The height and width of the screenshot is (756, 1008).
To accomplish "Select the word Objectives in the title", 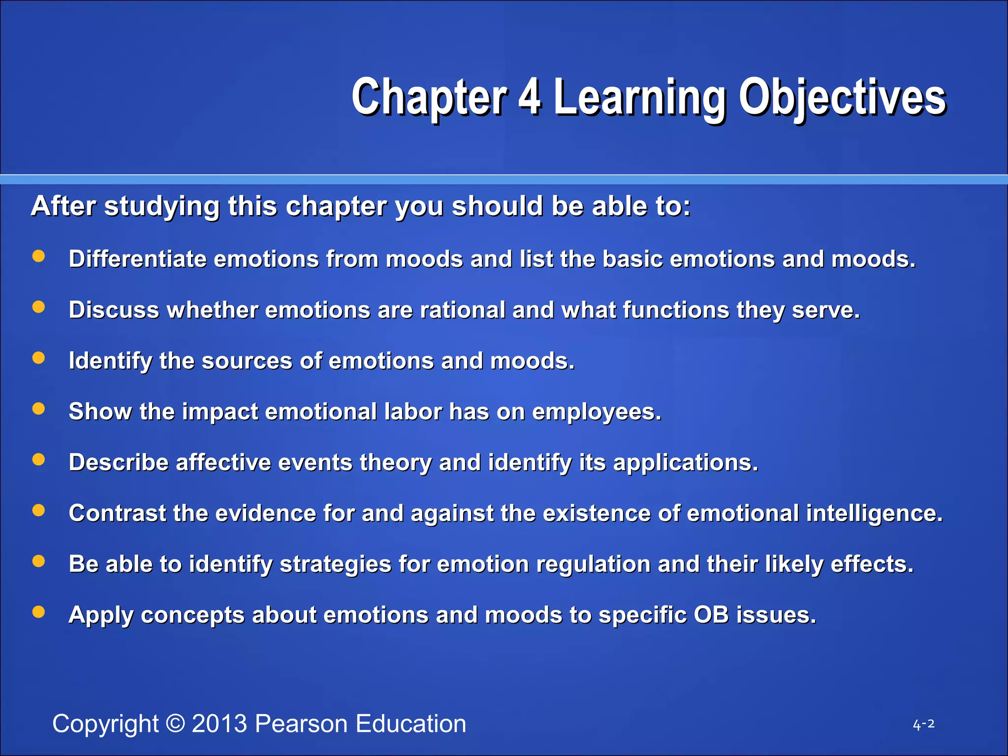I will pyautogui.click(x=842, y=97).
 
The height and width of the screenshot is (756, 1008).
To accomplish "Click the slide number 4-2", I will pyautogui.click(x=923, y=724).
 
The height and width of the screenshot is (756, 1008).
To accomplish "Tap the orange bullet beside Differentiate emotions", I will pyautogui.click(x=38, y=256).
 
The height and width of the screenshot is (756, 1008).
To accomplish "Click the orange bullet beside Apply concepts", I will pyautogui.click(x=38, y=612).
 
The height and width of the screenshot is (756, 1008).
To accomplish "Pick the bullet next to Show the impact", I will pyautogui.click(x=38, y=409).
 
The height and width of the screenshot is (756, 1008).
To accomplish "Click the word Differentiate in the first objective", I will pyautogui.click(x=137, y=259).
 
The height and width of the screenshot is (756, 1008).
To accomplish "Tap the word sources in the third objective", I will pyautogui.click(x=247, y=361).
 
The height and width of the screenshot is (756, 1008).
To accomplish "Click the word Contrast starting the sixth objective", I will pyautogui.click(x=117, y=513).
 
